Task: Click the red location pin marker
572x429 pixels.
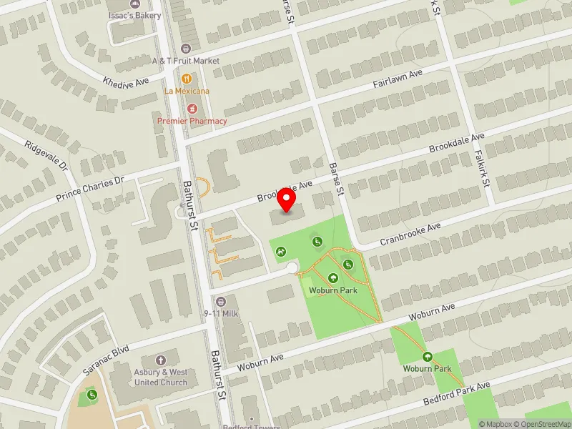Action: coord(287,199)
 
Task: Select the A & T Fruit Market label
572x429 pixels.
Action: coord(186,61)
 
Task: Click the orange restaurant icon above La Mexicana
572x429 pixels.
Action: coord(187,78)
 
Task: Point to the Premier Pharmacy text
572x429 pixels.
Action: coord(192,121)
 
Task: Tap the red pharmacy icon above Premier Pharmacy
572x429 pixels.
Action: coord(192,108)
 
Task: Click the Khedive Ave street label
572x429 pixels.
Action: coord(126,81)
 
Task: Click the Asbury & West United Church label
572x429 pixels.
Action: coord(161,377)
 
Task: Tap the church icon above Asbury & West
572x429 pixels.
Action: coord(161,360)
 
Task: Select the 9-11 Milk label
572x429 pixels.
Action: coord(220,313)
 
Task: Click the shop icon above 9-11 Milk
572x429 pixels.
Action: coord(220,301)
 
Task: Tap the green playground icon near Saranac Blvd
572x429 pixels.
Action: coord(92,395)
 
